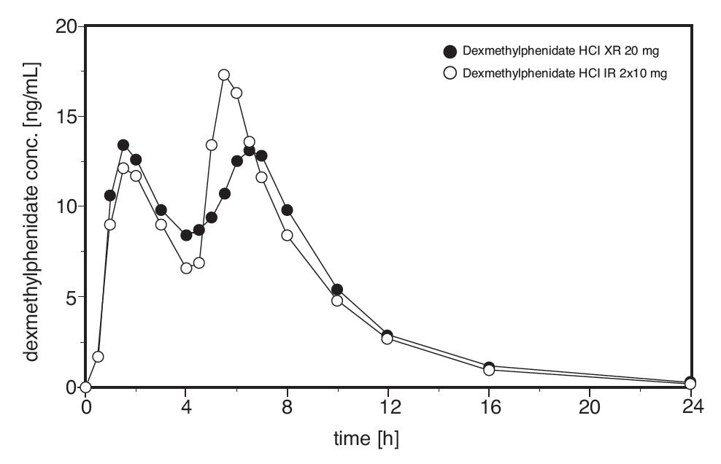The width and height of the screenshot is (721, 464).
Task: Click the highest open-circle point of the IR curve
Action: pyautogui.click(x=224, y=75)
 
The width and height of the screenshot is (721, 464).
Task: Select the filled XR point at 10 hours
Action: pyautogui.click(x=337, y=290)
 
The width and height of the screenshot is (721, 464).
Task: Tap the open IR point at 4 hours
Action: pyautogui.click(x=186, y=268)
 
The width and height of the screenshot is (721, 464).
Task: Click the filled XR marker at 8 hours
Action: pyautogui.click(x=287, y=210)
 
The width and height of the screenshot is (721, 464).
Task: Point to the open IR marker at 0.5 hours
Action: pyautogui.click(x=98, y=357)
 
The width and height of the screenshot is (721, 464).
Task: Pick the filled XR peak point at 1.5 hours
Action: pyautogui.click(x=123, y=145)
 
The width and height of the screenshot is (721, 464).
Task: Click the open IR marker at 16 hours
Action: pyautogui.click(x=489, y=370)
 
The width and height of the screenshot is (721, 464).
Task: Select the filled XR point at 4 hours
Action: pyautogui.click(x=186, y=235)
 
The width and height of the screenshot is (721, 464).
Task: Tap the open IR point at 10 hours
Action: pyautogui.click(x=337, y=301)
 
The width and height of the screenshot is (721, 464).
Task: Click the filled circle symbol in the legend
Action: pyautogui.click(x=450, y=51)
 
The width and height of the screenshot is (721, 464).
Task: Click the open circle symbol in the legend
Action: pyautogui.click(x=450, y=73)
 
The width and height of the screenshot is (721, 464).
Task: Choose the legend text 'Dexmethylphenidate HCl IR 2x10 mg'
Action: pyautogui.click(x=566, y=73)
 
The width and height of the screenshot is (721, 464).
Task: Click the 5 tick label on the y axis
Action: pyautogui.click(x=71, y=297)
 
